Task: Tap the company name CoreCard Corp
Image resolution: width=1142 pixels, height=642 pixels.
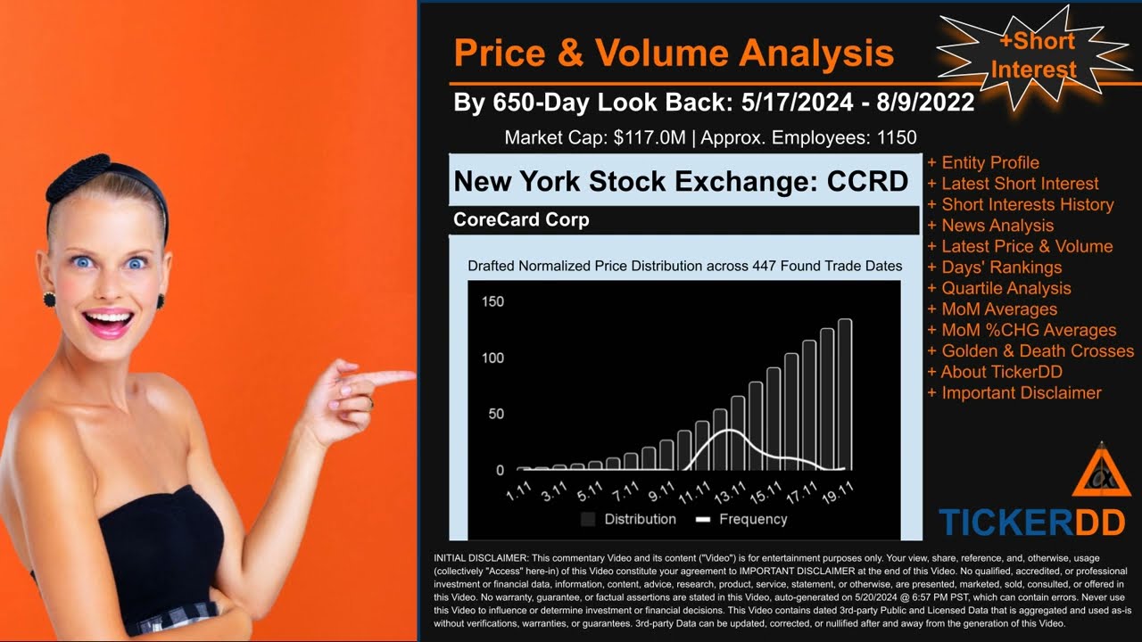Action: pyautogui.click(x=521, y=219)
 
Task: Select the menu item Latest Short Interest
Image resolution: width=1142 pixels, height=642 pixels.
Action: pyautogui.click(x=1020, y=184)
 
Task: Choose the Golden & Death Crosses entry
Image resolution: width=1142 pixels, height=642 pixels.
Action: pyautogui.click(x=1038, y=351)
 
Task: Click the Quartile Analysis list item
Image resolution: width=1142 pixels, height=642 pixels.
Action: pyautogui.click(x=1005, y=288)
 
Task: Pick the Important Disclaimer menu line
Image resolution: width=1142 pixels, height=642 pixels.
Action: pyautogui.click(x=1021, y=393)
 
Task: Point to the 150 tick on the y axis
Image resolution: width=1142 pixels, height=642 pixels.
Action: pyautogui.click(x=492, y=301)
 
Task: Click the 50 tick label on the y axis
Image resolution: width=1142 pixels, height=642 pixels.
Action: pyautogui.click(x=496, y=414)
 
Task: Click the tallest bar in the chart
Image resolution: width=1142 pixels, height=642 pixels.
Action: pyautogui.click(x=844, y=394)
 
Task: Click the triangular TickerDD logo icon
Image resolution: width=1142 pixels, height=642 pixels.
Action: pyautogui.click(x=1101, y=473)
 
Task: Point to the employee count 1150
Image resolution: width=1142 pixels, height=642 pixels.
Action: pyautogui.click(x=895, y=138)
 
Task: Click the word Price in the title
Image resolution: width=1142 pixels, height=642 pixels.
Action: pyautogui.click(x=497, y=53)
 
